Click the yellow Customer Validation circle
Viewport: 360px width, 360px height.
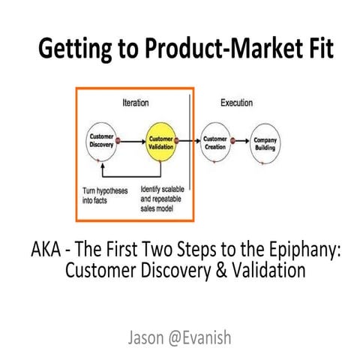coord(161,143)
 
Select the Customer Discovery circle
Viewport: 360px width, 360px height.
coord(101,142)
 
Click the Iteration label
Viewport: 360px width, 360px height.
coord(135,102)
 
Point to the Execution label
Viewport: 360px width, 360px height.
coord(235,102)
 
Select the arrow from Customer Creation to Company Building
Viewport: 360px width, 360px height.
coord(241,140)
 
